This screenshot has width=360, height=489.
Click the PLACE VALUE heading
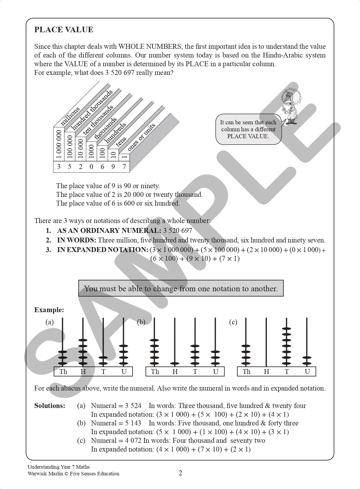[x=64, y=30]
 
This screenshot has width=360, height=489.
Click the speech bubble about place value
[x=248, y=129]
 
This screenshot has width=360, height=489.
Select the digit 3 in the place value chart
[x=59, y=167]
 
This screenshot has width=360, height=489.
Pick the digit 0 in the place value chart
[x=91, y=167]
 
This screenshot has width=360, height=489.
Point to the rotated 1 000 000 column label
[x=59, y=144]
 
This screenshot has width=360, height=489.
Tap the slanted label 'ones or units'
[x=141, y=136]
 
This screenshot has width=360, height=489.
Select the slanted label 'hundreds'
[x=115, y=132]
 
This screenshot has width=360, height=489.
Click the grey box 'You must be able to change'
[x=181, y=288]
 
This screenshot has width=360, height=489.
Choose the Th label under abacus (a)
[x=63, y=372]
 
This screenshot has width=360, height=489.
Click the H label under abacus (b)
[x=175, y=372]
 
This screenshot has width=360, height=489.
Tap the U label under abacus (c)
[x=307, y=372]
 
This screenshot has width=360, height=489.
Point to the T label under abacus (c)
[x=287, y=372]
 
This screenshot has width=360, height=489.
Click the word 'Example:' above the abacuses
[x=49, y=310]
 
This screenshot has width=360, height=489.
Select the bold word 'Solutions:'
[x=50, y=406]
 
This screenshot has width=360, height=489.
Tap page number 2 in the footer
[x=180, y=473]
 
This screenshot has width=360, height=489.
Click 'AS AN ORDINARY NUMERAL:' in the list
[x=109, y=231]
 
